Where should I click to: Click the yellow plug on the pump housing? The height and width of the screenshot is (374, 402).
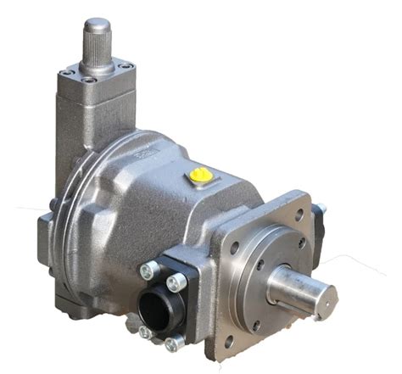point(201,176)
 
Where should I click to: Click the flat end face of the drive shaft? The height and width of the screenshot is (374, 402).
point(323,297)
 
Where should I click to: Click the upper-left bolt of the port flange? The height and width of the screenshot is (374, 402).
point(148,271)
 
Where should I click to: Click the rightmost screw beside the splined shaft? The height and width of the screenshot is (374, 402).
point(126,66)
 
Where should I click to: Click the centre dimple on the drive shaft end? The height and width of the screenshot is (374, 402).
point(324,297)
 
